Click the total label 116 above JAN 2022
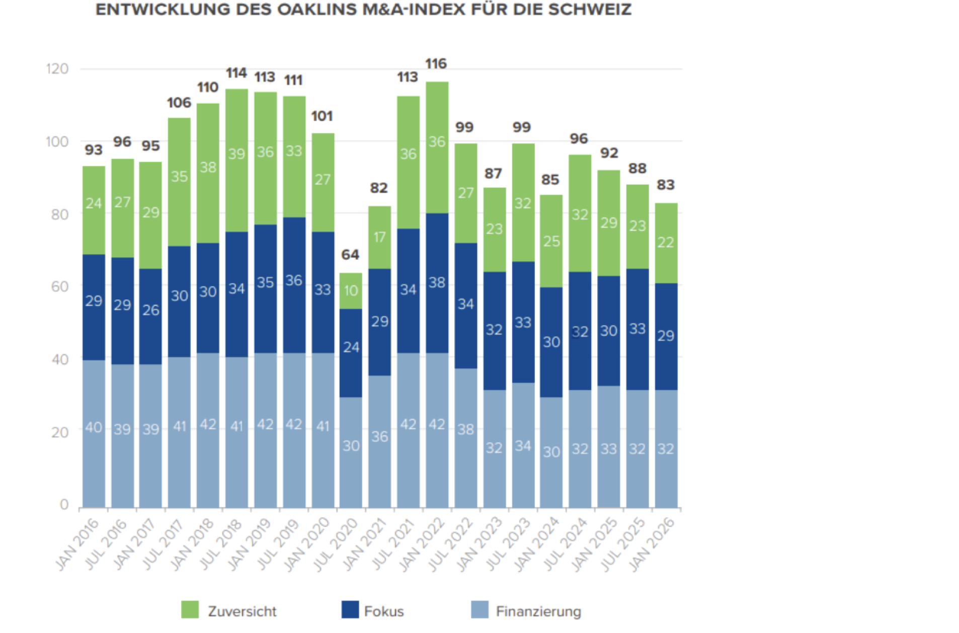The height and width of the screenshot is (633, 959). coord(436,64)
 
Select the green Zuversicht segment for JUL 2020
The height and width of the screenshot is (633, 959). coord(351,291)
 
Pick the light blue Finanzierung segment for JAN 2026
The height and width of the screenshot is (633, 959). coord(666,448)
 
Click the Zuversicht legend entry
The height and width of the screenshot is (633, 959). coord(229,611)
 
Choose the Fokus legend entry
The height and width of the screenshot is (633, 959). coord(373,611)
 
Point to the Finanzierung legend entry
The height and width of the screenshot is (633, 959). coord(526,611)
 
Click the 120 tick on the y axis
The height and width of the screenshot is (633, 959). coord(57,69)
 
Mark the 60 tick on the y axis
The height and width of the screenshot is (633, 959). coord(60,287)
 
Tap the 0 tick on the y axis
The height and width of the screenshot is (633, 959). coord(64,505)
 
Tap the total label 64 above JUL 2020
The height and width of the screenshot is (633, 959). coord(350,255)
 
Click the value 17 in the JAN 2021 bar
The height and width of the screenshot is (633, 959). coord(379,237)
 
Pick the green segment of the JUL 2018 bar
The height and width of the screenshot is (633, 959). coord(236,160)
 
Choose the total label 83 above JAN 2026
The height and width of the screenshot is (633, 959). coord(666,185)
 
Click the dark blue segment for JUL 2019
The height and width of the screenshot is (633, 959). coord(294,285)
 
